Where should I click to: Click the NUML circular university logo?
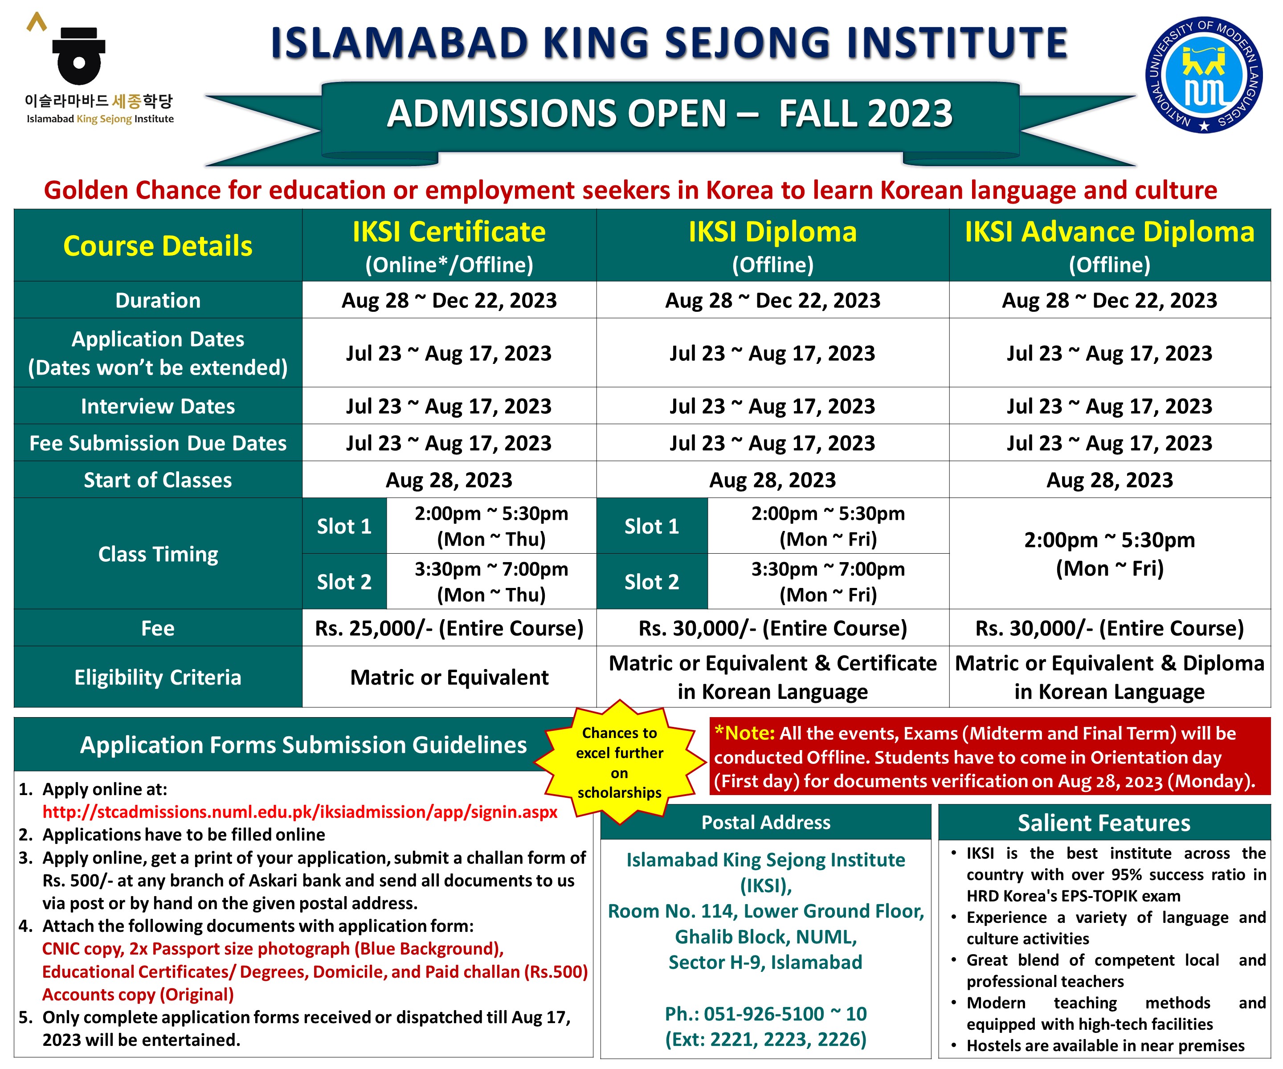click(x=1204, y=74)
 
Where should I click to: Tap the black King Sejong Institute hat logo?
click(x=78, y=56)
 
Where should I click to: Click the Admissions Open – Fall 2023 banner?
click(x=670, y=114)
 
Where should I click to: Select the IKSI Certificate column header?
click(x=449, y=245)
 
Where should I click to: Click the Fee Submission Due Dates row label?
click(x=158, y=443)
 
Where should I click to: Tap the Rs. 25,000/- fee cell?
click(x=449, y=628)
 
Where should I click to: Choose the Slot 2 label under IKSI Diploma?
click(x=651, y=582)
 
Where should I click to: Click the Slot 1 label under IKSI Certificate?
click(x=344, y=526)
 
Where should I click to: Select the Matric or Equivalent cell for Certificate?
click(x=449, y=677)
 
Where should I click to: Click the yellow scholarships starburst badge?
click(x=620, y=763)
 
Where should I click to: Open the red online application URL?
click(x=299, y=812)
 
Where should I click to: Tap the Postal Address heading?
click(x=765, y=822)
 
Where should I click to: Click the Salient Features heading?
click(x=1103, y=823)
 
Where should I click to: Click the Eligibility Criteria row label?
click(x=158, y=677)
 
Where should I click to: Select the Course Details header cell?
click(x=158, y=245)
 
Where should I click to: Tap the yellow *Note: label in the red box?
click(x=744, y=733)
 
